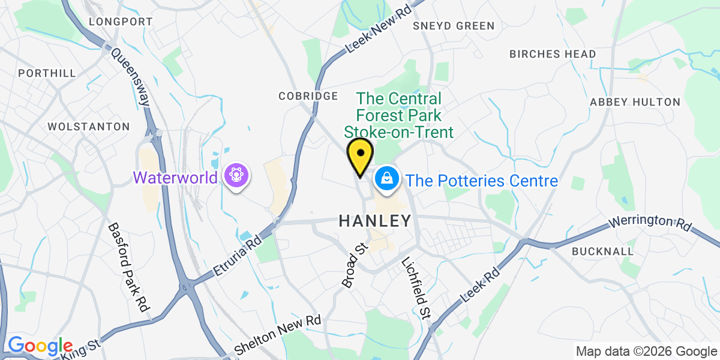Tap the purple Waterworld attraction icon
click(236, 176)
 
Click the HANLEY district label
click(376, 221)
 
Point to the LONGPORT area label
click(121, 22)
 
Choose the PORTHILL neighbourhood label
click(47, 73)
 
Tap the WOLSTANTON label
click(88, 127)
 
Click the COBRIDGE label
click(308, 96)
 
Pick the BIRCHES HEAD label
click(553, 54)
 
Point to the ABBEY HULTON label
click(635, 102)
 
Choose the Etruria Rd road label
click(239, 257)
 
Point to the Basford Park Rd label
click(128, 267)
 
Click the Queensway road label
click(131, 76)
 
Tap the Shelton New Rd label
click(278, 334)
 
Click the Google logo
click(40, 346)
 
